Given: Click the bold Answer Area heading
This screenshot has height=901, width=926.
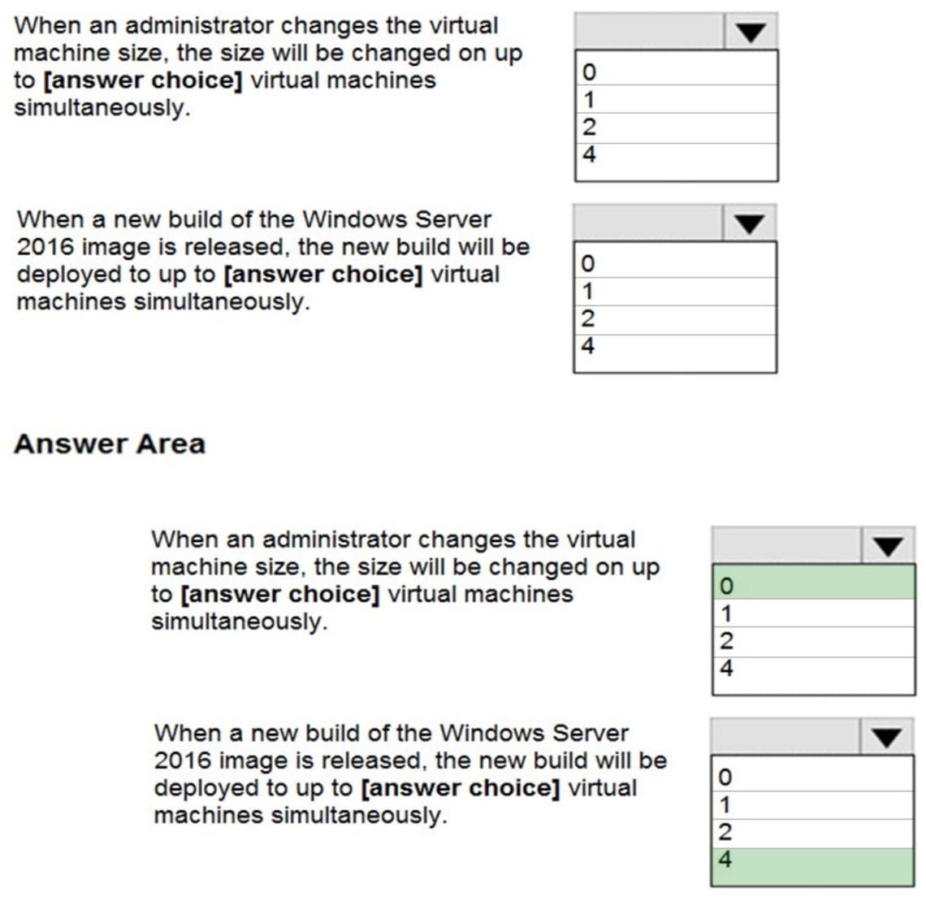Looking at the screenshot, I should [x=110, y=444].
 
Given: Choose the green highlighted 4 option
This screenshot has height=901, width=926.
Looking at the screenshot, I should [x=812, y=860].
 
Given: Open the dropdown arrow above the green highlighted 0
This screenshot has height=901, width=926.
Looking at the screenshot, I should [x=887, y=546].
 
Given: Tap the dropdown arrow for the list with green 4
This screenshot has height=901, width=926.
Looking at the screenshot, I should [x=886, y=737].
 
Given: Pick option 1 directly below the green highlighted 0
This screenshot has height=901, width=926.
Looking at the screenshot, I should [x=813, y=613].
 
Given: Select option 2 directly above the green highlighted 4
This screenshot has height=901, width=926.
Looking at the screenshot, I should [x=812, y=832].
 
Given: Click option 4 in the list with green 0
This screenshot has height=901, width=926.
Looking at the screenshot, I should [x=813, y=669].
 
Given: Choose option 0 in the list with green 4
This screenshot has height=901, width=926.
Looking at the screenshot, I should [x=812, y=777].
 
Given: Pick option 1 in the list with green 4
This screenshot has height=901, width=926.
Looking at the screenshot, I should [x=812, y=804].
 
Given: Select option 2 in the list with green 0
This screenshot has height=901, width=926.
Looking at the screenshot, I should [x=813, y=641].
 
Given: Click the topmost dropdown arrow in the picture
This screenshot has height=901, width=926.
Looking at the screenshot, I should [x=751, y=32].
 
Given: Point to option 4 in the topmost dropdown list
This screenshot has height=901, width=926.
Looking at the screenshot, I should [x=675, y=154].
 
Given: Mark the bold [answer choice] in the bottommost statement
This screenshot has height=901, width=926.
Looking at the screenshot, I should [x=460, y=788].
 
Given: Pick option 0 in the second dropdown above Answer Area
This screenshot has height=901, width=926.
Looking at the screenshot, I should [x=674, y=263].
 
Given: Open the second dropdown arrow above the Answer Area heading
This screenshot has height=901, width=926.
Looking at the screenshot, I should [x=749, y=223].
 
